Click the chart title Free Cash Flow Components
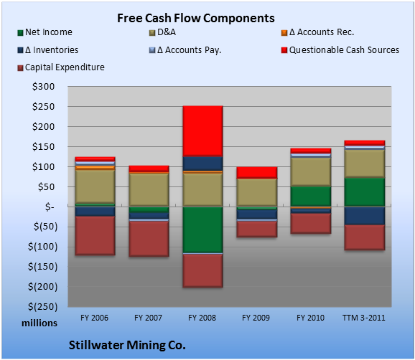click(x=196, y=18)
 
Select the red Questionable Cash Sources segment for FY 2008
click(x=202, y=131)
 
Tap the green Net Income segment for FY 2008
click(x=202, y=229)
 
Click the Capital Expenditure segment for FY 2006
click(x=95, y=235)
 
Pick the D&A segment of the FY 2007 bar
click(x=149, y=189)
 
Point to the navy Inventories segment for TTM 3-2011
click(x=365, y=215)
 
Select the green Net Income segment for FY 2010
click(x=311, y=196)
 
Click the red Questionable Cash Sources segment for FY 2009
click(x=257, y=173)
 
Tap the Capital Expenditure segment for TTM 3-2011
click(x=365, y=237)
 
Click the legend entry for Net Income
click(x=45, y=32)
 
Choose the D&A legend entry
click(x=162, y=32)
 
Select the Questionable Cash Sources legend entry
click(x=340, y=50)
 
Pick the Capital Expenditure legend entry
click(x=61, y=67)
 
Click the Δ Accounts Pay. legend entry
click(x=185, y=50)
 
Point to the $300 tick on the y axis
click(x=43, y=87)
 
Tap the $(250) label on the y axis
click(x=43, y=307)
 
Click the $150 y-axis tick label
click(x=43, y=147)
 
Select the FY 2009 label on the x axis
click(x=256, y=318)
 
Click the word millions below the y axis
click(x=39, y=323)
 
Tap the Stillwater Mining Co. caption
click(x=127, y=345)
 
